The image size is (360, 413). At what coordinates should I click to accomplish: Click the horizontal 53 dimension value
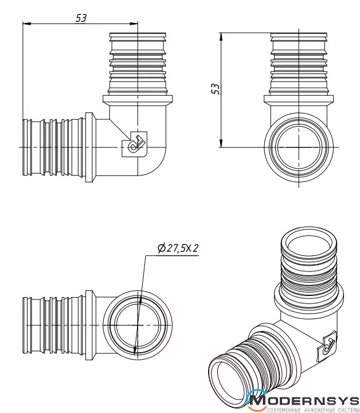[81, 18]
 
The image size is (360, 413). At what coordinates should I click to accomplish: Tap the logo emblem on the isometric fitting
[328, 344]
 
